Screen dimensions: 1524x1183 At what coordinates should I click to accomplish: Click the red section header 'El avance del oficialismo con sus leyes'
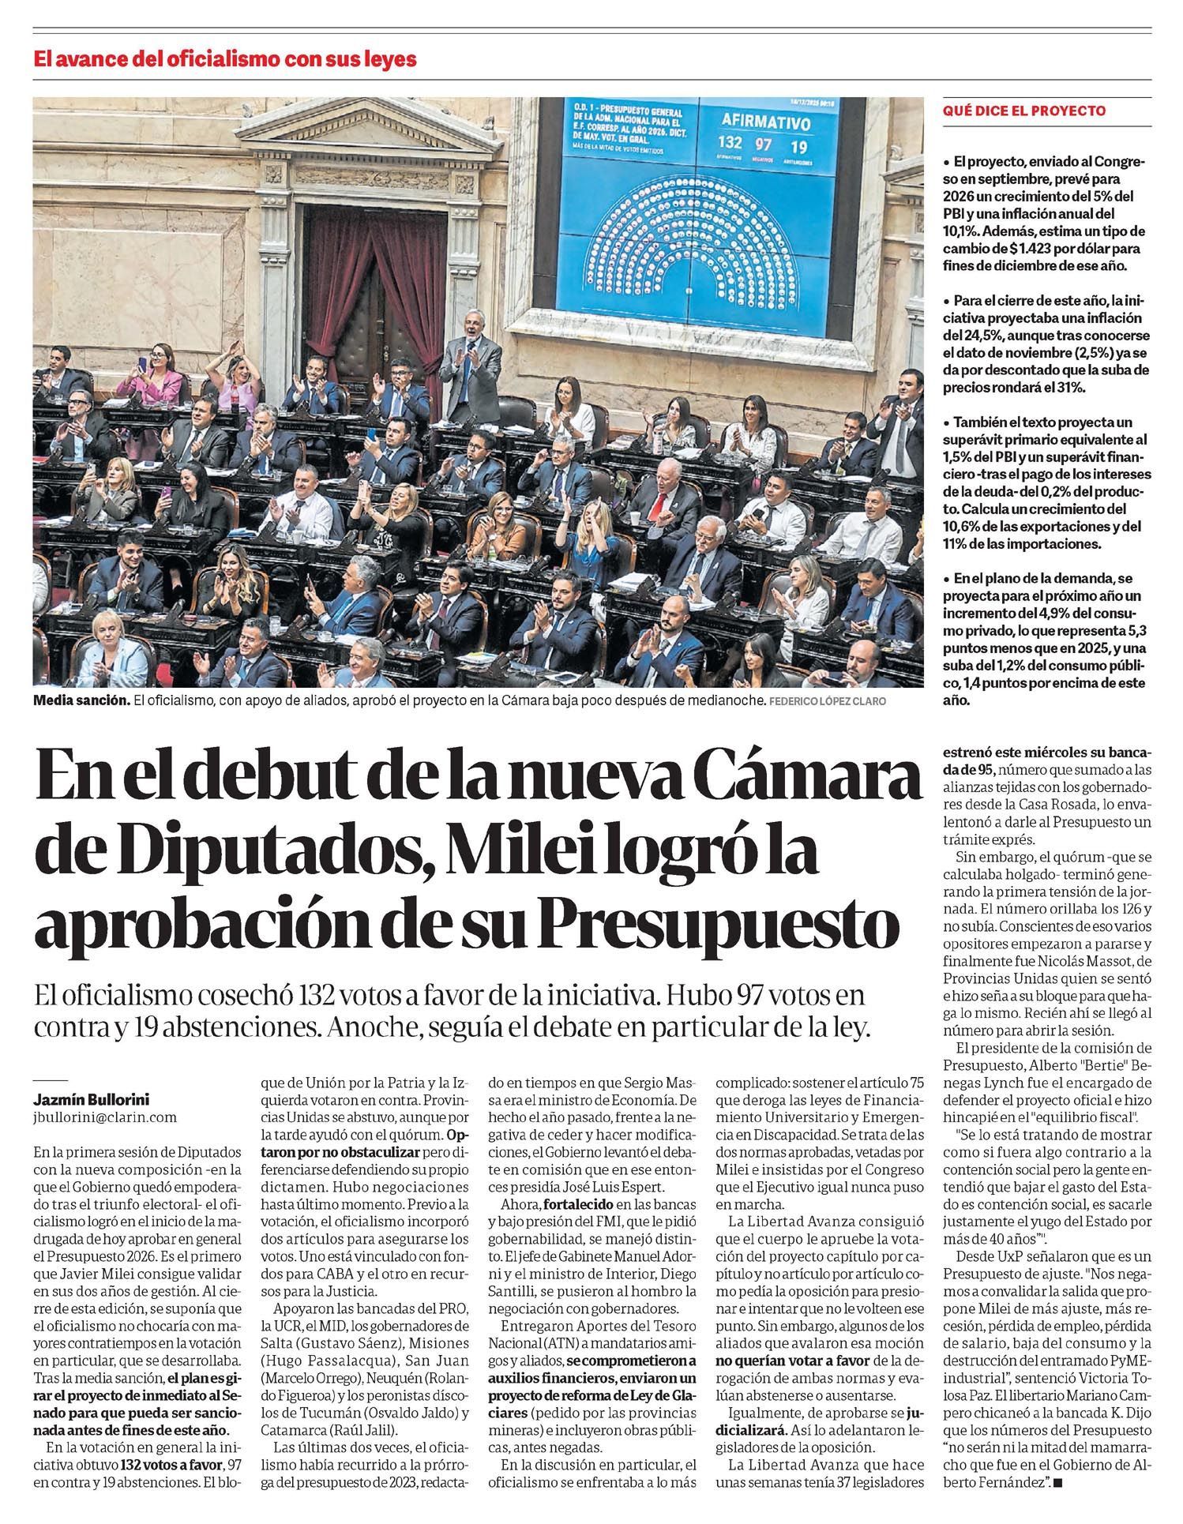point(224,59)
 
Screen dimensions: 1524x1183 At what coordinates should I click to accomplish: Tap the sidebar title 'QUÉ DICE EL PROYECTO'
point(1024,111)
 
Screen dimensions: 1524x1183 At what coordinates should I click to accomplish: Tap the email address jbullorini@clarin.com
point(105,1117)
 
